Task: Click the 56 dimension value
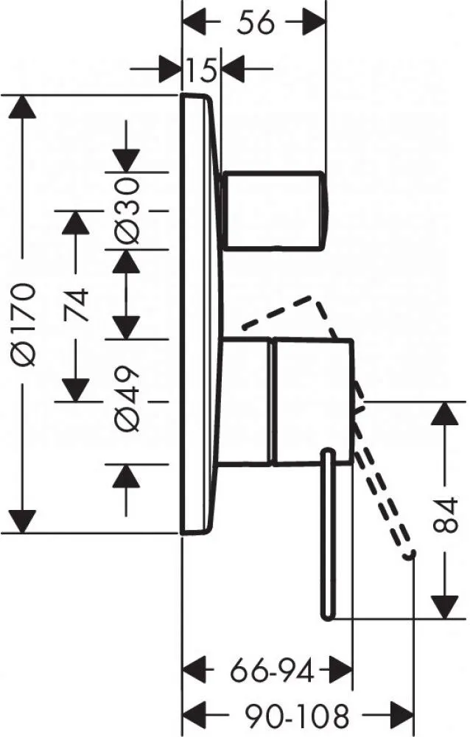pyautogui.click(x=255, y=23)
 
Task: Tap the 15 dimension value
pyautogui.click(x=201, y=70)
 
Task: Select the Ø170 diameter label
pyautogui.click(x=24, y=324)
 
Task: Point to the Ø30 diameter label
pyautogui.click(x=127, y=210)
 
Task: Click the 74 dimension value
pyautogui.click(x=76, y=304)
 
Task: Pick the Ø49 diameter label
pyautogui.click(x=127, y=398)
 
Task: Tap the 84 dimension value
pyautogui.click(x=445, y=514)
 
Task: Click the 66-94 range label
pyautogui.click(x=272, y=671)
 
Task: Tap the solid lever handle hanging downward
pyautogui.click(x=328, y=535)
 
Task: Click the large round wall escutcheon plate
pyautogui.click(x=202, y=314)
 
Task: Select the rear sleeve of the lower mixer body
pyautogui.click(x=245, y=402)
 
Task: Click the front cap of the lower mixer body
pyautogui.click(x=312, y=402)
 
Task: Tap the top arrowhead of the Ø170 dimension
pyautogui.click(x=22, y=107)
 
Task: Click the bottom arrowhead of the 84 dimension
pyautogui.click(x=445, y=607)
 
